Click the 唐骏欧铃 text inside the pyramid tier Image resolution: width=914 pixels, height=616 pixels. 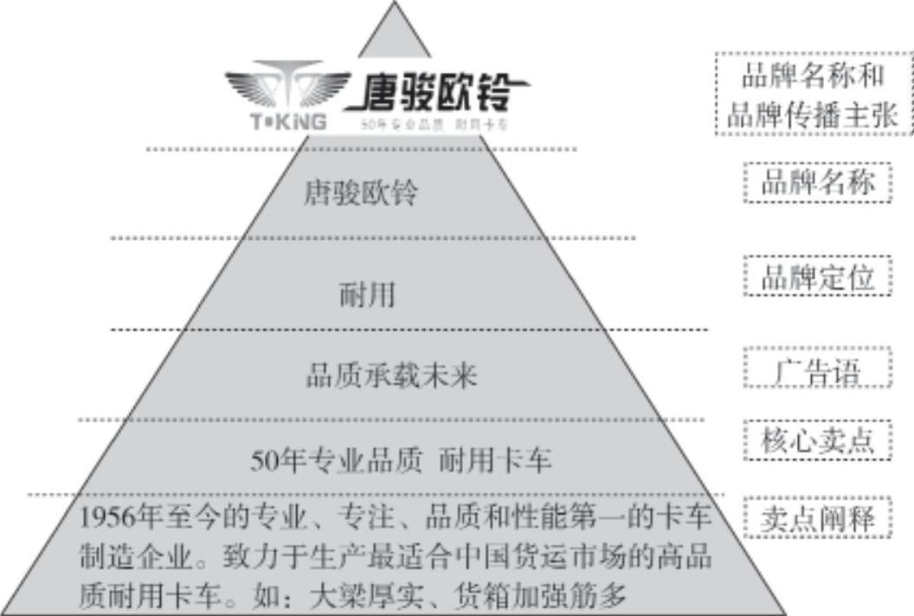pyautogui.click(x=360, y=192)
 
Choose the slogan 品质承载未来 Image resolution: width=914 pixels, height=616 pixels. pyautogui.click(x=391, y=377)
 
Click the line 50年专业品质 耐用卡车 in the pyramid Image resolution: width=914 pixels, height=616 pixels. pyautogui.click(x=401, y=460)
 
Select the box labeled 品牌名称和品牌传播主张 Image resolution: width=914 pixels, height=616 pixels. pyautogui.click(x=814, y=94)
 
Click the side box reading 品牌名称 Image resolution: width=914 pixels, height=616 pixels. pyautogui.click(x=817, y=183)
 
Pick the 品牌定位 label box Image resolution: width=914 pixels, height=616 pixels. pyautogui.click(x=817, y=278)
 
